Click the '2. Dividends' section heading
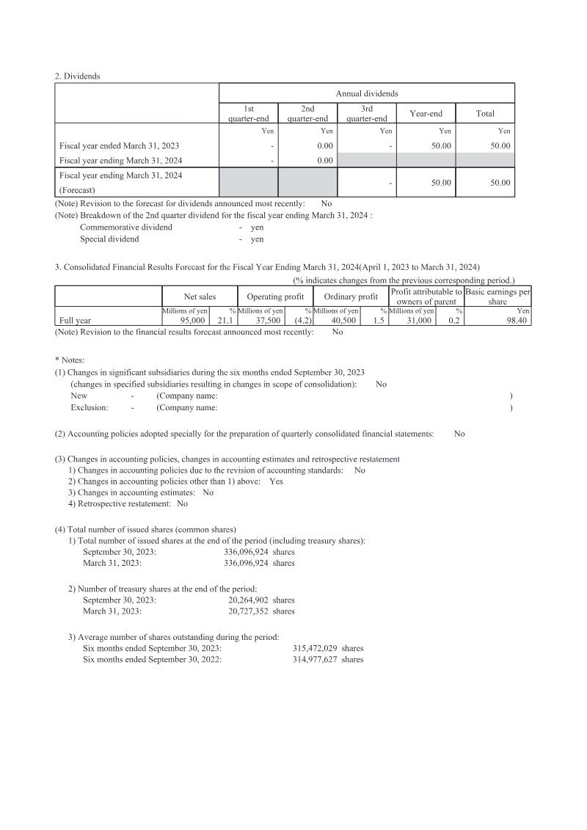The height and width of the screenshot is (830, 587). (79, 75)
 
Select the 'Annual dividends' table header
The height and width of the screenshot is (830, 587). (366, 93)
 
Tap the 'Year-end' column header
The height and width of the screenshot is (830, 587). (426, 113)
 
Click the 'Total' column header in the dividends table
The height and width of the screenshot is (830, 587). (484, 113)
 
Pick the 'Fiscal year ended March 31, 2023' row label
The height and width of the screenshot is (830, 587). (119, 146)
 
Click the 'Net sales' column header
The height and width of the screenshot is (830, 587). (200, 296)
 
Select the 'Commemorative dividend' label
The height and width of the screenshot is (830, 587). (126, 227)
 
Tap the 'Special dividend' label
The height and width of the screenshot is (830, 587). (109, 239)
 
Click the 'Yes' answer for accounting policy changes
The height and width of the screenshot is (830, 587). (276, 481)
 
